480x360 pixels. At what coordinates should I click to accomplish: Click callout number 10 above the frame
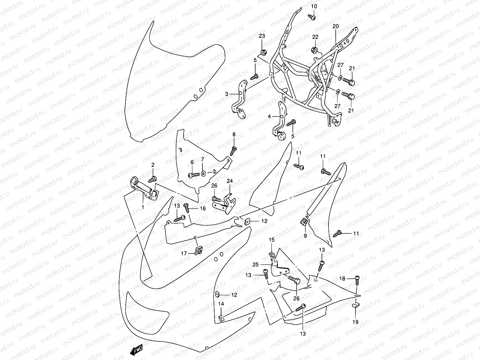pos(313,6)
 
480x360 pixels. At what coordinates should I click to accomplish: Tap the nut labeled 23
pos(263,53)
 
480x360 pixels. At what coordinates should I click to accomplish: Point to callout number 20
pos(335,26)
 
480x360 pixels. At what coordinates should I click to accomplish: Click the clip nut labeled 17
pos(198,250)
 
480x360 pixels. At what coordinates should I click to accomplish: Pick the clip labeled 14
pos(220,317)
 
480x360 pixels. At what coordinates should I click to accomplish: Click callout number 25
pos(256,265)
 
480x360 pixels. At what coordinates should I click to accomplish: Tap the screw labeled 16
pos(187,206)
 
